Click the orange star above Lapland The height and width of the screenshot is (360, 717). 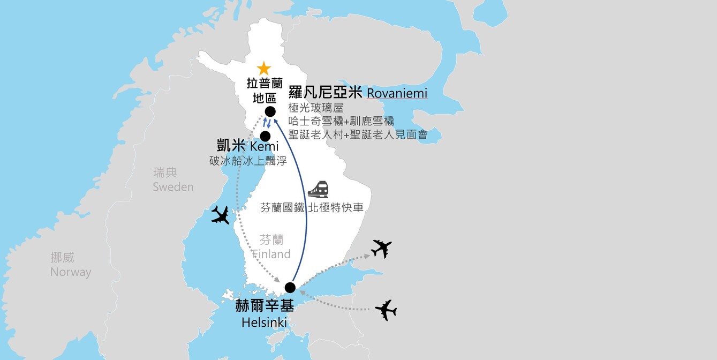(263, 69)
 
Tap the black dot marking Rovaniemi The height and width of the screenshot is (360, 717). (270, 111)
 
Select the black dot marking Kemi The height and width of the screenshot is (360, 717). (265, 136)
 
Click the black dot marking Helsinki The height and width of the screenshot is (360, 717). (290, 287)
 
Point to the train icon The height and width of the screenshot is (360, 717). (318, 190)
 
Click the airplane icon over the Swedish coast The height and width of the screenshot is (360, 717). (221, 215)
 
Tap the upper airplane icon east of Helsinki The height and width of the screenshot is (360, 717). (381, 249)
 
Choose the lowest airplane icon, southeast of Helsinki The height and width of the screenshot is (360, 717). (386, 310)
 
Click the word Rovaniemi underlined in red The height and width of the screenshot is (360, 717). (397, 94)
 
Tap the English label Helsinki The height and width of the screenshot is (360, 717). (264, 322)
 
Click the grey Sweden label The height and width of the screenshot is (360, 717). (173, 187)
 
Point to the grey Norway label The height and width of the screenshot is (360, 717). (71, 272)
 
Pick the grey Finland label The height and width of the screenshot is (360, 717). (271, 254)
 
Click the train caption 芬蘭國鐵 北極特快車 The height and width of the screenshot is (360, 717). (312, 208)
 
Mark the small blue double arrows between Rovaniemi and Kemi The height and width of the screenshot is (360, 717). (267, 124)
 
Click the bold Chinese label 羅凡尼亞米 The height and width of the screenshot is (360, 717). (326, 93)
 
